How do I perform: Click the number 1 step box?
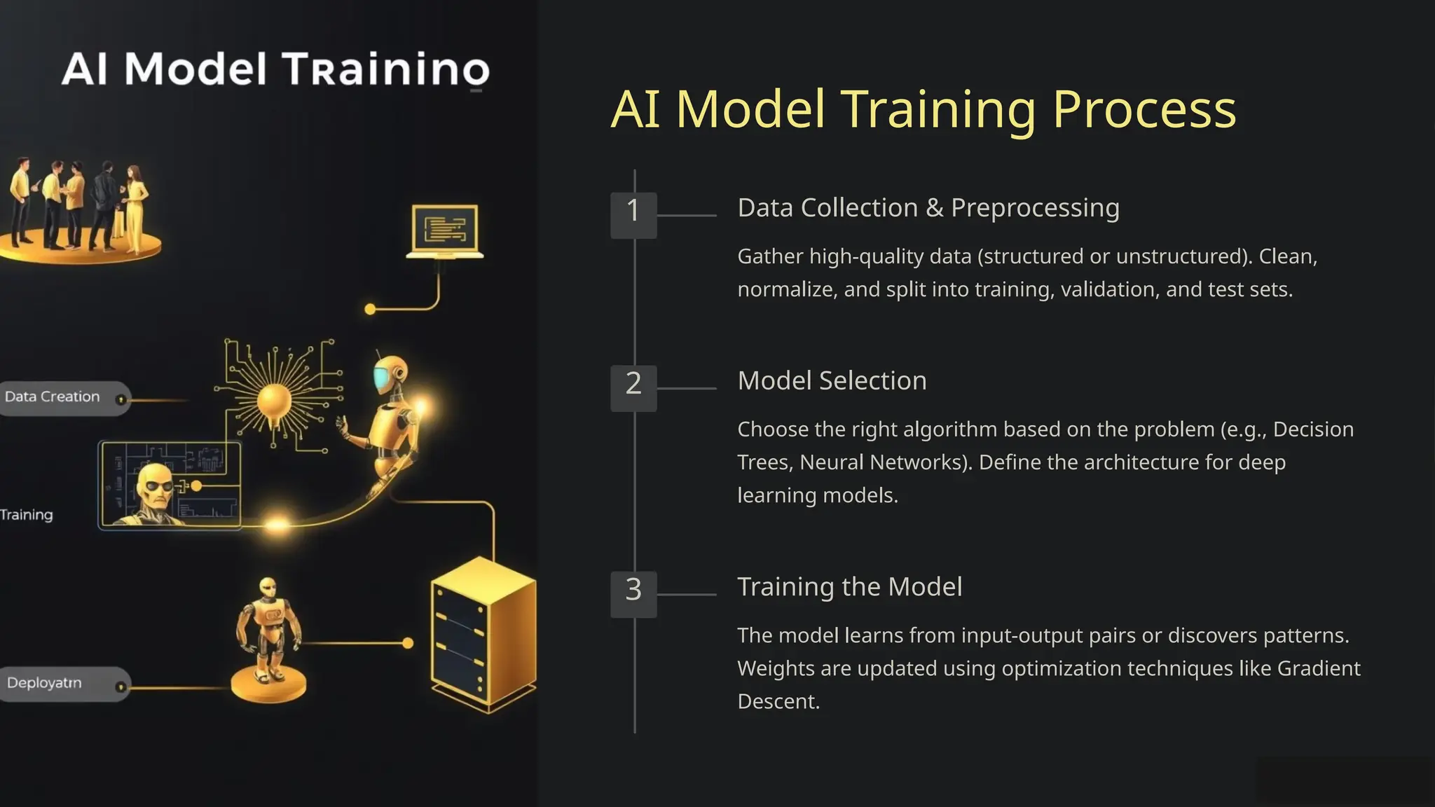tap(633, 215)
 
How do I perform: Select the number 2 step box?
tap(633, 387)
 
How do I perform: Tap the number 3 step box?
tap(633, 594)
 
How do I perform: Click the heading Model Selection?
tap(832, 381)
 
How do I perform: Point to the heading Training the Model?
tap(849, 587)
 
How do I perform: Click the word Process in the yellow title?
tap(1144, 109)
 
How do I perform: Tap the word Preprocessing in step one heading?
tap(1035, 209)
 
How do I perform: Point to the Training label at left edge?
tap(27, 515)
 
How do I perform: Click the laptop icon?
tap(445, 231)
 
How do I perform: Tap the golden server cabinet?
tap(483, 634)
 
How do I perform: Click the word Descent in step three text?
tap(778, 701)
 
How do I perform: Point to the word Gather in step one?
tap(770, 257)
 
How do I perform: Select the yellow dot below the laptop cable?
tap(370, 309)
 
